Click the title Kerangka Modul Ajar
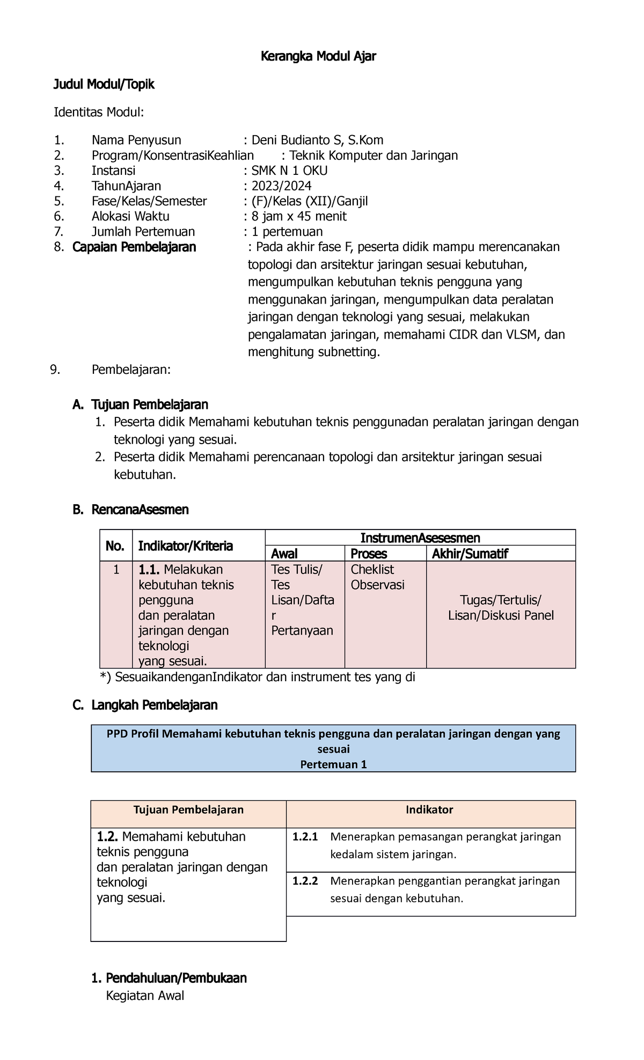(318, 56)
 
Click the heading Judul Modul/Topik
(104, 84)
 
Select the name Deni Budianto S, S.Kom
(317, 141)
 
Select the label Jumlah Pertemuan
(143, 232)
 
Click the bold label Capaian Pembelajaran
(134, 247)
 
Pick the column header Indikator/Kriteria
(186, 546)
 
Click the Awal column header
(284, 554)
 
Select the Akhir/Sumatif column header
(470, 554)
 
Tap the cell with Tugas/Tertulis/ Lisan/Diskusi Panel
(501, 608)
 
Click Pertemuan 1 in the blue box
(333, 764)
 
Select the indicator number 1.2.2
(305, 881)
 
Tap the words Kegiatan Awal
(145, 996)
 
